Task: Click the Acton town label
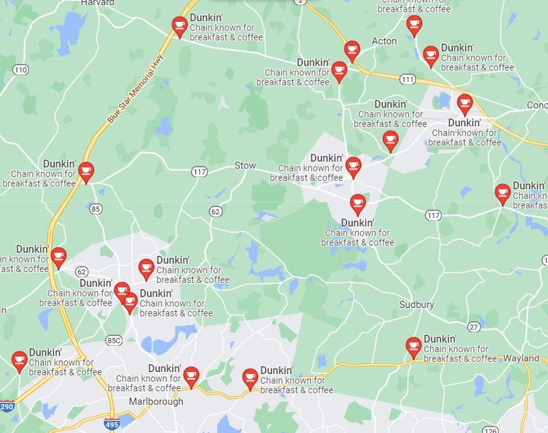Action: pyautogui.click(x=384, y=41)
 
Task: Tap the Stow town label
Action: pyautogui.click(x=245, y=166)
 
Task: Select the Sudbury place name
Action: pyautogui.click(x=416, y=304)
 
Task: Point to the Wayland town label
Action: pyautogui.click(x=521, y=358)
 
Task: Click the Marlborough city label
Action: pyautogui.click(x=156, y=401)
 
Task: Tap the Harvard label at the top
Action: pyautogui.click(x=97, y=3)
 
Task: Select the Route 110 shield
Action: pyautogui.click(x=21, y=70)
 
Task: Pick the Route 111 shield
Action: pyautogui.click(x=408, y=79)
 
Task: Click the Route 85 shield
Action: pyautogui.click(x=95, y=208)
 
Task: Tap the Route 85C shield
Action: pyautogui.click(x=114, y=340)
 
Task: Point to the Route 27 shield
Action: pyautogui.click(x=473, y=327)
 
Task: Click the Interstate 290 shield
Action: pyautogui.click(x=7, y=407)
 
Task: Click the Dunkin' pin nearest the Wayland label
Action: pyautogui.click(x=413, y=346)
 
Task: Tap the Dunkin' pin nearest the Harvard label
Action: pyautogui.click(x=179, y=26)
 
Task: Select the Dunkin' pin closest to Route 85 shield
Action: pyautogui.click(x=86, y=171)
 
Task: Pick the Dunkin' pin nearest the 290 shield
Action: pyautogui.click(x=19, y=360)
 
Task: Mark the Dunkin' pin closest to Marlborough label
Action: pyautogui.click(x=191, y=375)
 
